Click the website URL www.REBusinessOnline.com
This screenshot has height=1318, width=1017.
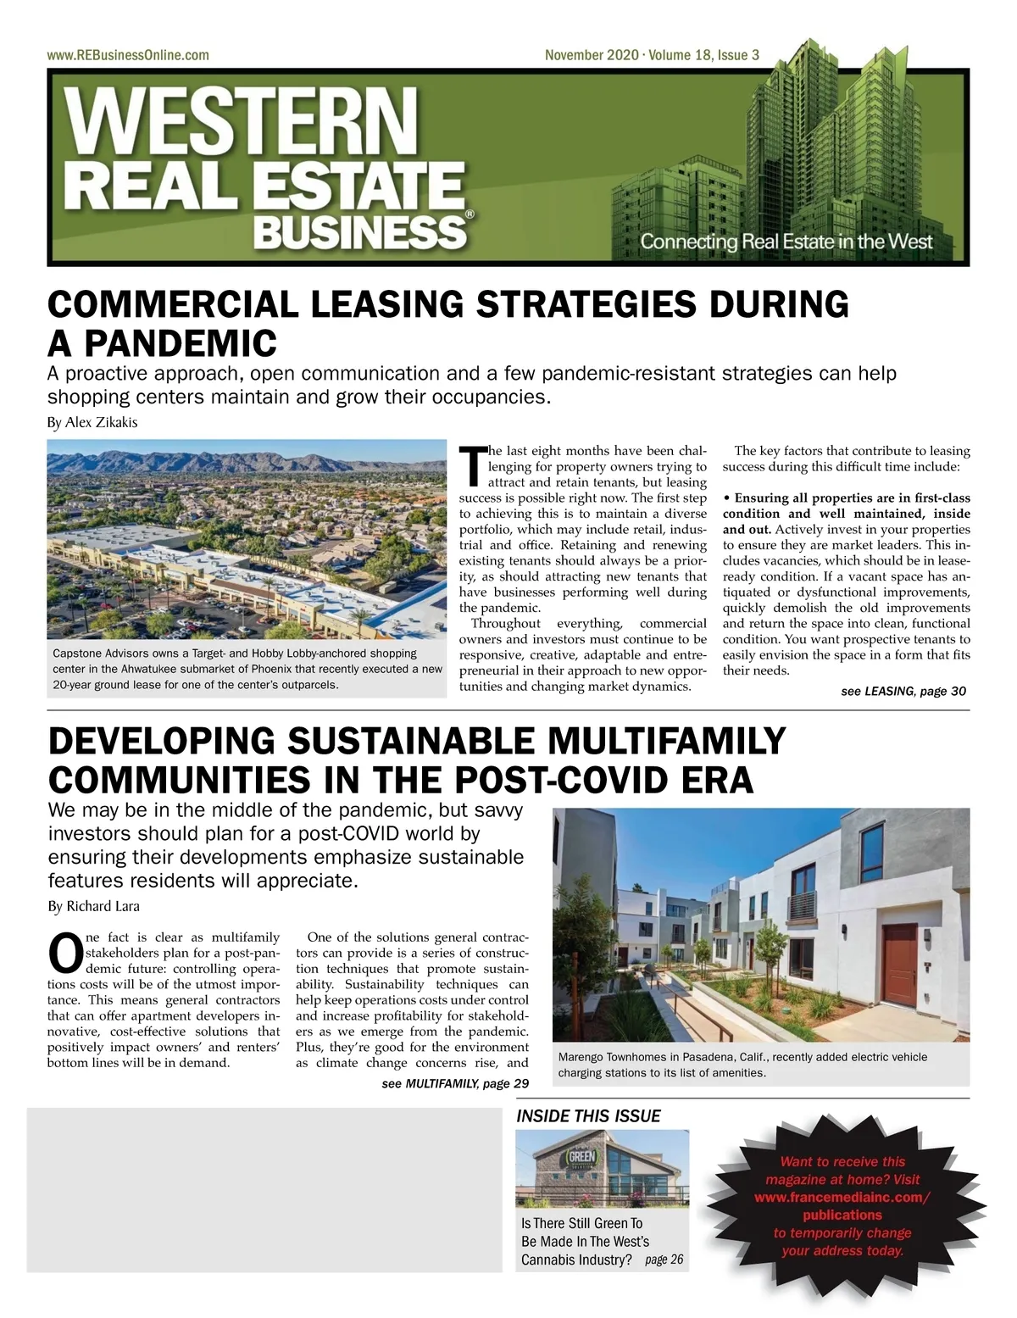pyautogui.click(x=128, y=55)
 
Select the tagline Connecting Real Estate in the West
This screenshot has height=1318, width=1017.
pyautogui.click(x=786, y=242)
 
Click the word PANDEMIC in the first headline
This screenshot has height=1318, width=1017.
pyautogui.click(x=181, y=343)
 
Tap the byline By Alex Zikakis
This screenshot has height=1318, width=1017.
pyautogui.click(x=92, y=422)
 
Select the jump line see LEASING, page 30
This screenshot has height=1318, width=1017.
pyautogui.click(x=903, y=691)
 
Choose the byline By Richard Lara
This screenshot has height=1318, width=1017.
pyautogui.click(x=93, y=906)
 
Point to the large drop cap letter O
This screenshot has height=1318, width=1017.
pyautogui.click(x=65, y=952)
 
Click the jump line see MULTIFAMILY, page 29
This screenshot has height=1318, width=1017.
pyautogui.click(x=455, y=1083)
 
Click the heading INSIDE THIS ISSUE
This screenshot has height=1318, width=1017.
pyautogui.click(x=588, y=1115)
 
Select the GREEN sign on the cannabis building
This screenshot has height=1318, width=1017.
pyautogui.click(x=582, y=1157)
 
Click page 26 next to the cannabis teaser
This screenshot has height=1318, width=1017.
pyautogui.click(x=664, y=1260)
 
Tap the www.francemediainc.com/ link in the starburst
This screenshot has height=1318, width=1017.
pyautogui.click(x=842, y=1197)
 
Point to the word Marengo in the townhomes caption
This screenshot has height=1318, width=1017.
pyautogui.click(x=583, y=1057)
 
